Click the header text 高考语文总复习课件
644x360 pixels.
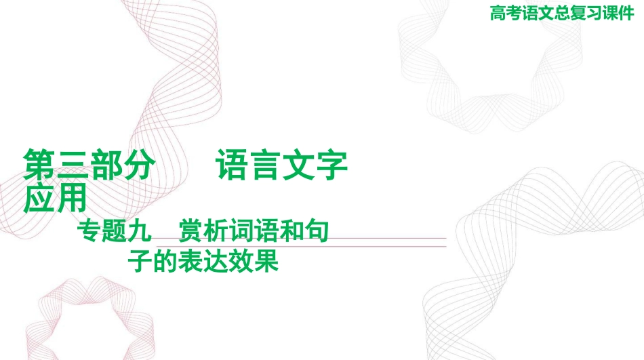point(562,13)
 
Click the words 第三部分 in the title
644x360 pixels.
point(89,165)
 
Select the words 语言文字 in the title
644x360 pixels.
point(282,165)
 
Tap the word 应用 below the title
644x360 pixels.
point(55,197)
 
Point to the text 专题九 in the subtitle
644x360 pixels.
point(114,231)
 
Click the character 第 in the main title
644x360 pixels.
point(39,165)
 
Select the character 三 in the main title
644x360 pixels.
point(73,165)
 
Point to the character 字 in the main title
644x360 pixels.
point(331,165)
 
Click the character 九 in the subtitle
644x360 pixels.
point(139,231)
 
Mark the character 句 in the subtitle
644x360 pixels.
point(317,231)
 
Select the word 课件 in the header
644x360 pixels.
point(618,13)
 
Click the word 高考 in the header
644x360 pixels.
point(506,13)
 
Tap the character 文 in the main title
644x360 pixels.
point(298,165)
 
